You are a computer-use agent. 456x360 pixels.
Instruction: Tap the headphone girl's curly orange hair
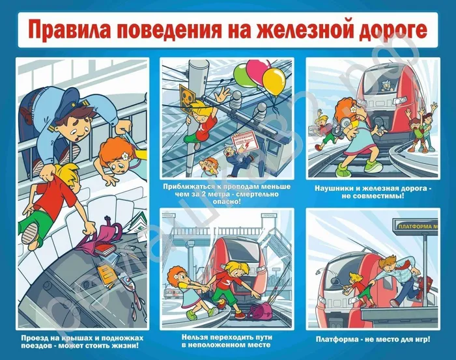click(344, 109)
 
